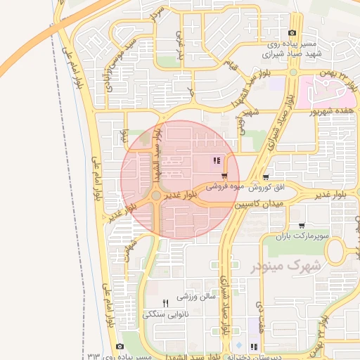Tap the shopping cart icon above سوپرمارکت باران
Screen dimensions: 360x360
[302, 226]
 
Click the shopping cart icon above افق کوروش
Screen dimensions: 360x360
[265, 177]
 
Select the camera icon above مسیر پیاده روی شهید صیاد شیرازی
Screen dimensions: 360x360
[292, 33]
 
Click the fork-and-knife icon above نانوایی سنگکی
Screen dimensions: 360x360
[166, 303]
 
